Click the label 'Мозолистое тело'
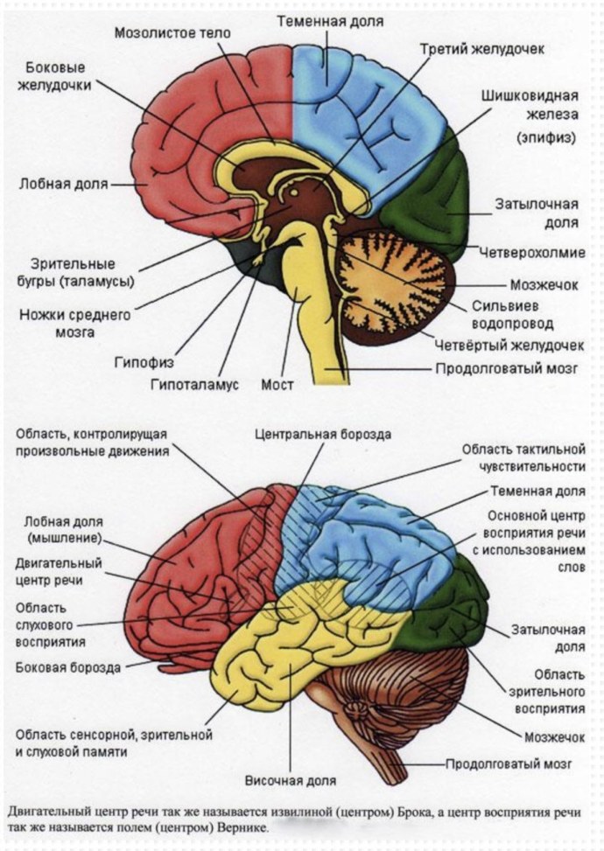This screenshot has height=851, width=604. (172, 33)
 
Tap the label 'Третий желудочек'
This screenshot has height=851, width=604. (481, 49)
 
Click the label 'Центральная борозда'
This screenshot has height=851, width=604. (323, 434)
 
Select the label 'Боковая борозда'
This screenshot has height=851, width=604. (67, 668)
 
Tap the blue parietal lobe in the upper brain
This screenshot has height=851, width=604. (368, 105)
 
